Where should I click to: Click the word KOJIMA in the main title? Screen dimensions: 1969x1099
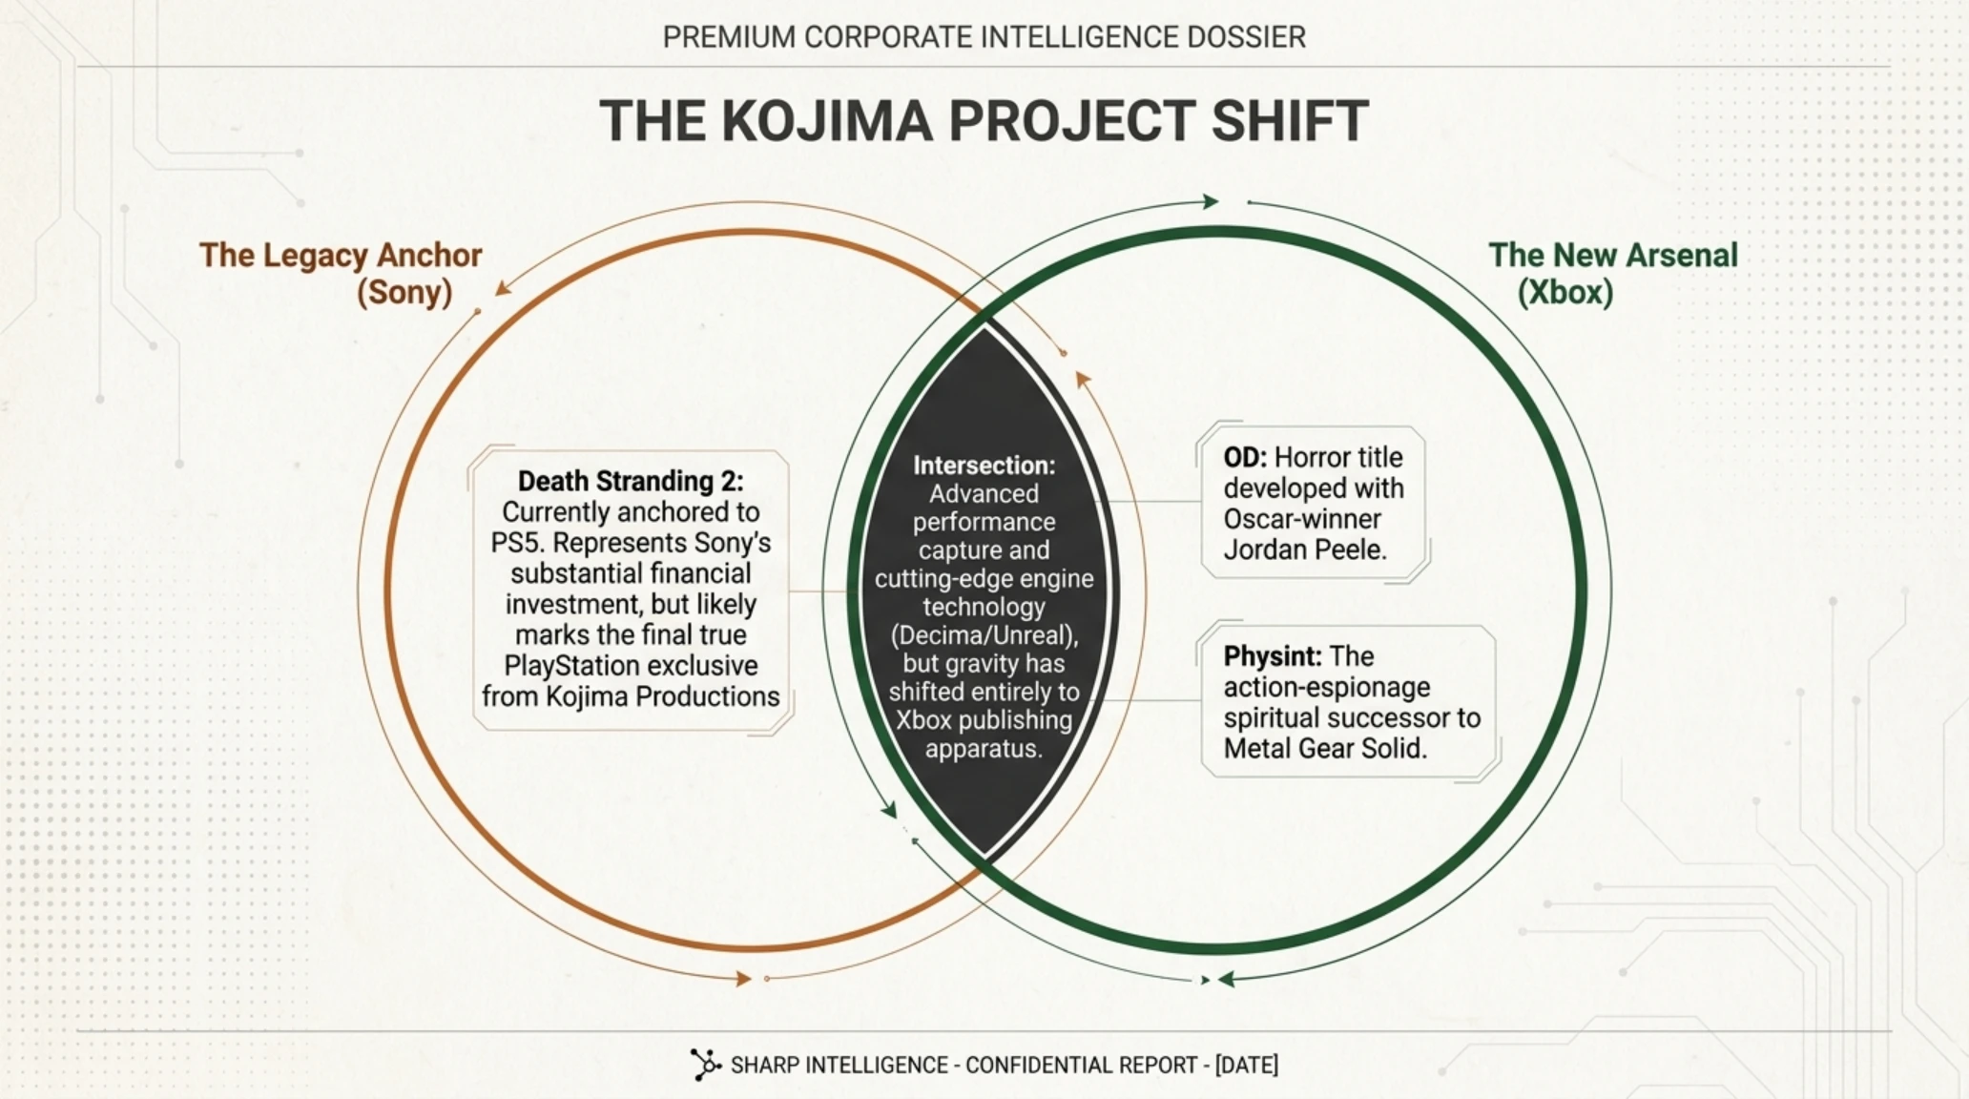(826, 121)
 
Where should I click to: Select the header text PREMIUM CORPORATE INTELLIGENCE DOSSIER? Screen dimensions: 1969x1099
(984, 37)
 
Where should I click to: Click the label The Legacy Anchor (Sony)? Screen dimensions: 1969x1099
(341, 273)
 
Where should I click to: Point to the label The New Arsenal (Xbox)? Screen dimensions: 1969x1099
(1613, 273)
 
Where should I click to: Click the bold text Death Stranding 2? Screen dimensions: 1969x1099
(631, 481)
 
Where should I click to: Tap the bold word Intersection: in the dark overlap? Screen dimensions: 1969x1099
(984, 466)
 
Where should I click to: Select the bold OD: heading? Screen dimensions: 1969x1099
(1245, 458)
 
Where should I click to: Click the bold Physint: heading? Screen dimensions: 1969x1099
(1273, 656)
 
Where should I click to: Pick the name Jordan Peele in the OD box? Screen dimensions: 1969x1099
(1304, 549)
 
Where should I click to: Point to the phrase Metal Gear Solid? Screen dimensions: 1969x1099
(1325, 748)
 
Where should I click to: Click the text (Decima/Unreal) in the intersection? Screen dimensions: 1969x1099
(984, 635)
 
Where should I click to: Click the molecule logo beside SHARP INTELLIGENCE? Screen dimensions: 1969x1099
(705, 1065)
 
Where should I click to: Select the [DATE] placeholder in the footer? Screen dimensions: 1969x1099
(1246, 1065)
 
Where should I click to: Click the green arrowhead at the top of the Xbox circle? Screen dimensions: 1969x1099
(1211, 201)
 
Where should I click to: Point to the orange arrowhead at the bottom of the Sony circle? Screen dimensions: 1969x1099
(742, 978)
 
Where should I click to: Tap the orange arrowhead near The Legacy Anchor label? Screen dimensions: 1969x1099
(503, 287)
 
